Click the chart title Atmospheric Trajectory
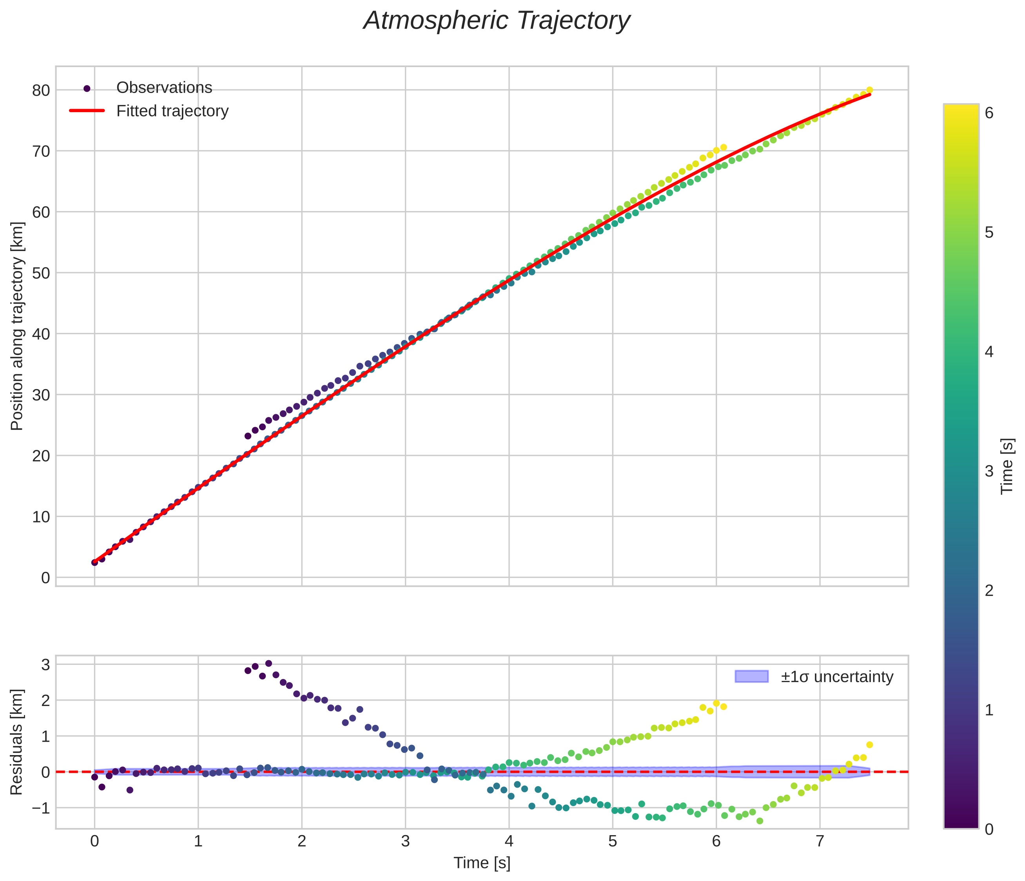(x=497, y=21)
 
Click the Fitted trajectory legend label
(x=172, y=111)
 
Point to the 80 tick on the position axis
(x=42, y=91)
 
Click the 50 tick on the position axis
(x=42, y=273)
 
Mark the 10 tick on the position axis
(x=42, y=517)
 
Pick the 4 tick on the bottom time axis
(x=509, y=841)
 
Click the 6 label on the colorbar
(x=989, y=113)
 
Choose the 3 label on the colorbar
(x=989, y=471)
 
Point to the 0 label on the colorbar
(x=989, y=829)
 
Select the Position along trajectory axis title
(x=17, y=326)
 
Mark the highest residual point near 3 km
(x=268, y=663)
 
